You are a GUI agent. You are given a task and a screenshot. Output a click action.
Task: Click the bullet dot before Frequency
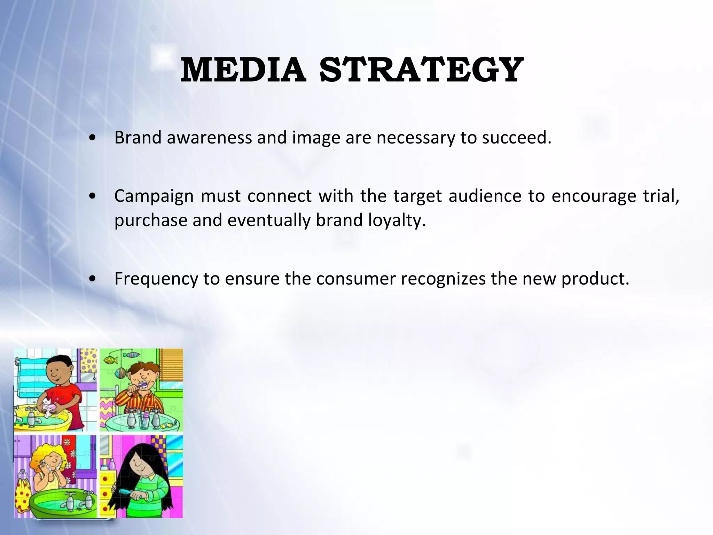coord(92,279)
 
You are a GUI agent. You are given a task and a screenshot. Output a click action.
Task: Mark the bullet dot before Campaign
coord(92,196)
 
